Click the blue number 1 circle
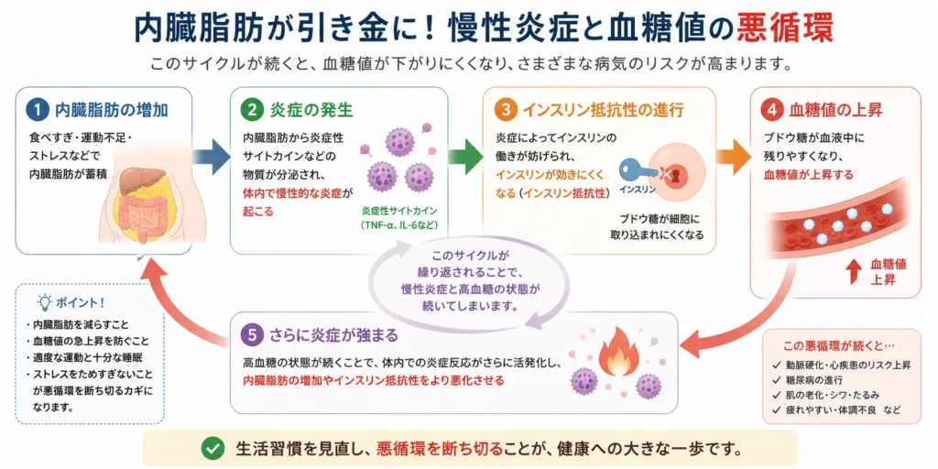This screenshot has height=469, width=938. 38,110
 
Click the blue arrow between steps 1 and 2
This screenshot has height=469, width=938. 212,158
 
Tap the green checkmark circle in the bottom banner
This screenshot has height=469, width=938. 211,447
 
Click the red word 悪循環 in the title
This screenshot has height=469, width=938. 785,28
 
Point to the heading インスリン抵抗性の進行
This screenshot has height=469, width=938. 603,111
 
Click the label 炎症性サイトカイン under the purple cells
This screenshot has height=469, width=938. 399,212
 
